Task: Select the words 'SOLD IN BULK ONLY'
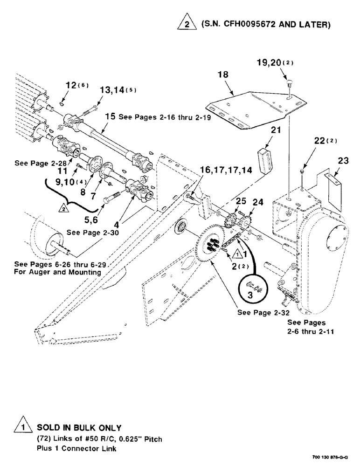[79, 427]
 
